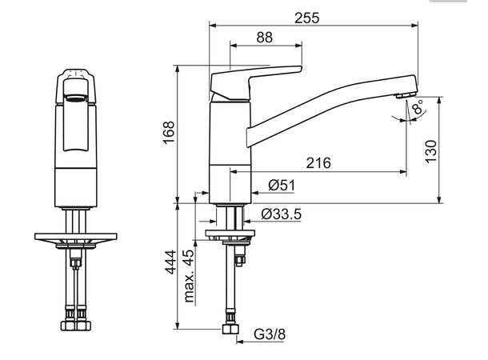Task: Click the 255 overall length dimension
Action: click(307, 18)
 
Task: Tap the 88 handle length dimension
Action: click(265, 38)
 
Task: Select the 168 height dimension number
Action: click(169, 133)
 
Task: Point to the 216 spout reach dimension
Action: click(318, 162)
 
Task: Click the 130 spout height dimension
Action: click(431, 151)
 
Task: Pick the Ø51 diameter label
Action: click(282, 186)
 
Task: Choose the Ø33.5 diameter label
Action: click(282, 214)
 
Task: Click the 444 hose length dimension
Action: click(170, 262)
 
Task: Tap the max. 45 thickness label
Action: click(189, 275)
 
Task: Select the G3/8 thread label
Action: click(270, 334)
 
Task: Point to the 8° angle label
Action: click(418, 106)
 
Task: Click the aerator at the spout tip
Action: click(406, 94)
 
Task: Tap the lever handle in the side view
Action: click(256, 82)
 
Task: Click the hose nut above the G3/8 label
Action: click(230, 329)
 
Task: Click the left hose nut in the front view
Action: click(69, 326)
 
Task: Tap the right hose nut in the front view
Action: click(83, 326)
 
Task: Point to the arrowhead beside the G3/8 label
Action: click(240, 342)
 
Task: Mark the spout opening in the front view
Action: click(75, 99)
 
